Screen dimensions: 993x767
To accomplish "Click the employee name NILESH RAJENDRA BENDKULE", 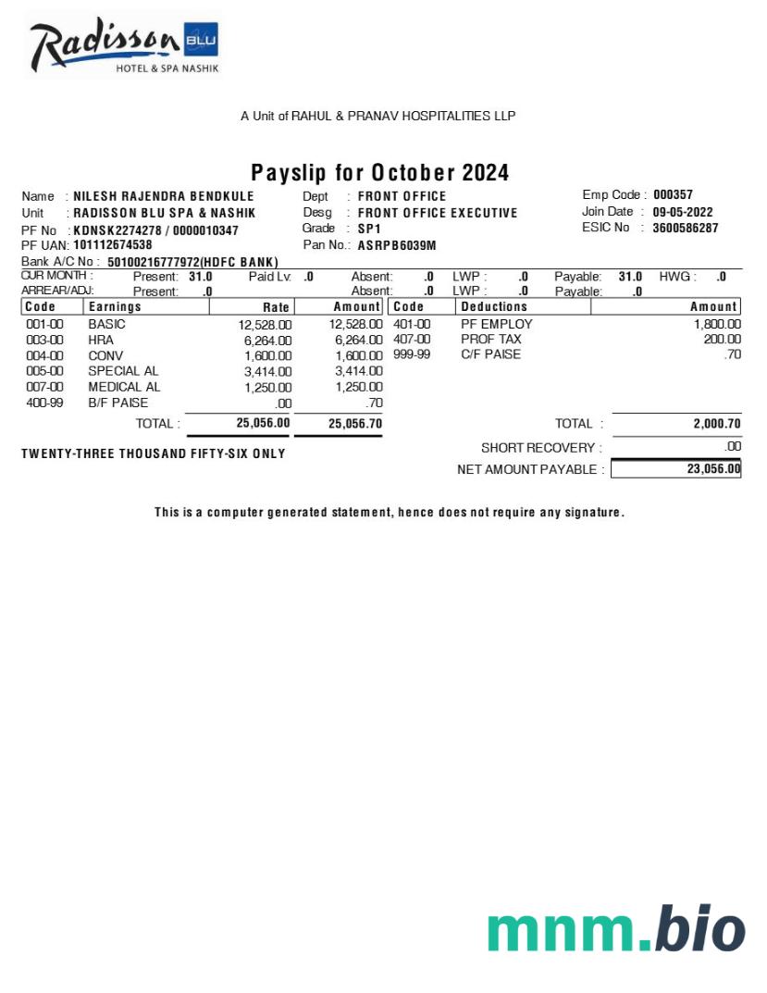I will click(x=164, y=196).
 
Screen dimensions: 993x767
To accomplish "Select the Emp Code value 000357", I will click(x=673, y=195).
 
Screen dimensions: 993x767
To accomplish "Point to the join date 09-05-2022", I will click(x=683, y=212).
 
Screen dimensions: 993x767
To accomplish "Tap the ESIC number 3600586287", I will click(x=685, y=228).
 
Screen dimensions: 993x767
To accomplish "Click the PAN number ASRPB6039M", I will click(x=397, y=245).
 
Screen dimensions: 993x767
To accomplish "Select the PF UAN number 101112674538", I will click(x=113, y=245).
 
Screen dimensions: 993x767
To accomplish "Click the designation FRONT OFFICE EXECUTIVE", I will click(x=438, y=213).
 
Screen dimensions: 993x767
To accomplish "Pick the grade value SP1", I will click(x=369, y=229).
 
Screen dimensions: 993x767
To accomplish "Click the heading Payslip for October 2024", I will click(x=380, y=173).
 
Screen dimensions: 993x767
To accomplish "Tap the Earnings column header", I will click(x=116, y=306).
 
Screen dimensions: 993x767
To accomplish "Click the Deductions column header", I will click(x=494, y=306).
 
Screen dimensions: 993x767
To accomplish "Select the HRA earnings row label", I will click(x=101, y=340).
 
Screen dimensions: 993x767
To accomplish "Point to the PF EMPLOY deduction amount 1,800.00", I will click(x=717, y=325).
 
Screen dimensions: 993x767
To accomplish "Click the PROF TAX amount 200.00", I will click(x=722, y=340).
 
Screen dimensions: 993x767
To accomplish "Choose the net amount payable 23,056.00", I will click(x=713, y=469).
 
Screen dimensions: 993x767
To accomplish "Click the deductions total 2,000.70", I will click(x=717, y=424).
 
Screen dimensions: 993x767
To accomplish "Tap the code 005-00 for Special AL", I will click(x=44, y=371).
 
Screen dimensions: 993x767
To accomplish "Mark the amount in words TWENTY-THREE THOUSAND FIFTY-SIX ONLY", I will click(x=154, y=454).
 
